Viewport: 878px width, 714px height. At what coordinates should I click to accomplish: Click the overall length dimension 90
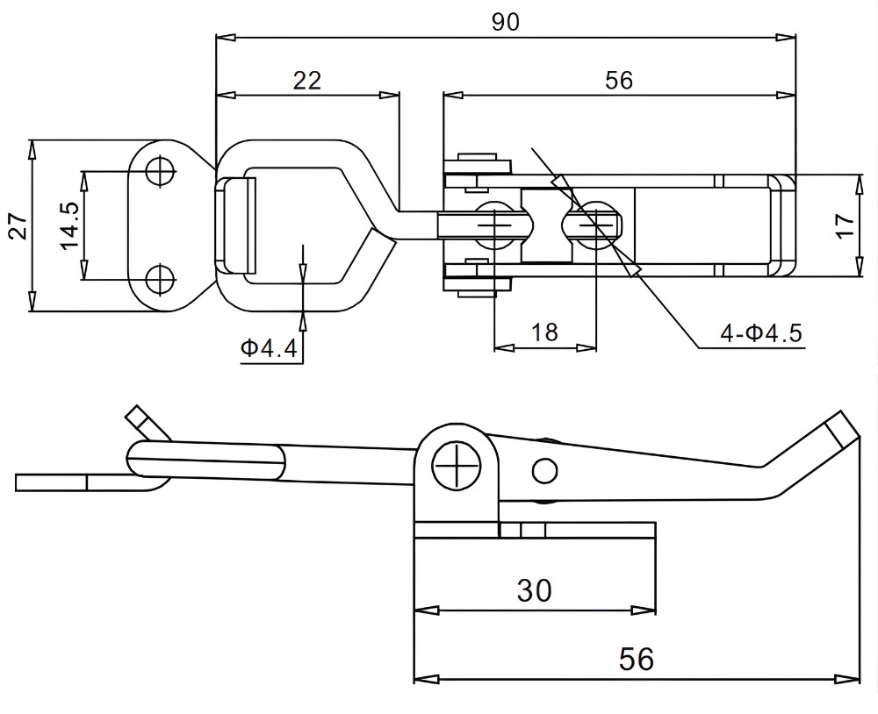505,23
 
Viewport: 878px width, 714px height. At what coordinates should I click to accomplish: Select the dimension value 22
306,80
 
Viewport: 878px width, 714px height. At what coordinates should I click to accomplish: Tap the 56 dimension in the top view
619,80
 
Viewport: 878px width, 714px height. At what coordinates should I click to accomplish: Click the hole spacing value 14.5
69,225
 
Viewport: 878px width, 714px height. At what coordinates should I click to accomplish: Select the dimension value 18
544,332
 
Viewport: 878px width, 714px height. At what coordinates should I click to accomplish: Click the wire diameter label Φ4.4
270,349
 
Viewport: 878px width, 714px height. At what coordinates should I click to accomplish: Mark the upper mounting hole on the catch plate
160,171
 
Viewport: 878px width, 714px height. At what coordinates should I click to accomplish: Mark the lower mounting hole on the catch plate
160,280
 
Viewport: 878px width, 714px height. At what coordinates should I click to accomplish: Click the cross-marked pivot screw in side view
458,463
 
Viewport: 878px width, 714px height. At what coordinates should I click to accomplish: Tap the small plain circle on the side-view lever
544,471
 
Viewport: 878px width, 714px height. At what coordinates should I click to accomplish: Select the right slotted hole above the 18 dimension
597,225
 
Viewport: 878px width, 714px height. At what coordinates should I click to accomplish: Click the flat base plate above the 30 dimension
534,531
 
